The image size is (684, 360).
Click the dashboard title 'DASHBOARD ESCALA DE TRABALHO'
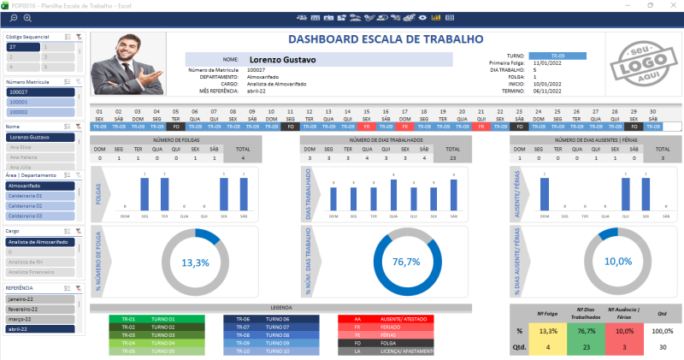385,39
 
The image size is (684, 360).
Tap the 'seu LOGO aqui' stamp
635,64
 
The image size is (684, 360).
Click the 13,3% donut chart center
196,262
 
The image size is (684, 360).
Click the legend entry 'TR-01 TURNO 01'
145,319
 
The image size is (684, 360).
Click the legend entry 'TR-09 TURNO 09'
274,343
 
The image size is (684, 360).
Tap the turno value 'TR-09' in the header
557,56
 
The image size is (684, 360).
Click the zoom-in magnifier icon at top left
28,17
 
